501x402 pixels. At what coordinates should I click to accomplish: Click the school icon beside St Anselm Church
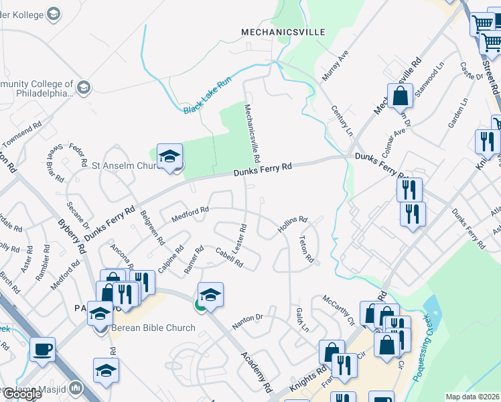pyautogui.click(x=170, y=157)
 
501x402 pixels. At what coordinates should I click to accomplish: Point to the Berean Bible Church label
pyautogui.click(x=153, y=328)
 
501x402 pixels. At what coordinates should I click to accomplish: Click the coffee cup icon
pyautogui.click(x=43, y=349)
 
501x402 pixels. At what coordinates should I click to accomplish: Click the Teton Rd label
pyautogui.click(x=306, y=249)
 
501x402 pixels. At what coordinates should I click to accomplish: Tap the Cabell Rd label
pyautogui.click(x=228, y=258)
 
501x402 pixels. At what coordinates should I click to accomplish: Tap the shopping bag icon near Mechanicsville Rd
pyautogui.click(x=400, y=96)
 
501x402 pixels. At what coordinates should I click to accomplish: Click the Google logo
pyautogui.click(x=21, y=394)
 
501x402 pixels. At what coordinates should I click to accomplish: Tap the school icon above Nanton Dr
pyautogui.click(x=210, y=295)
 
